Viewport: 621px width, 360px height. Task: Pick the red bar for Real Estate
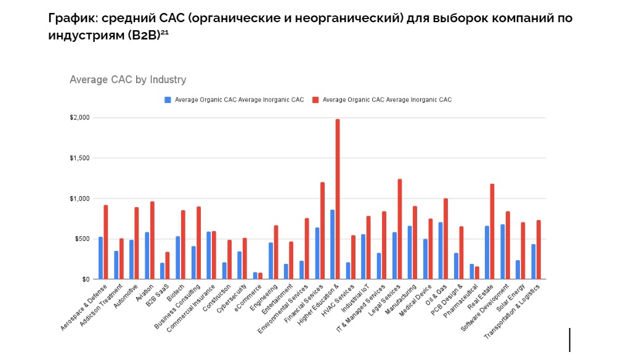pyautogui.click(x=492, y=232)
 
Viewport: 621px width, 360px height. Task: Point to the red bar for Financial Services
pyautogui.click(x=322, y=231)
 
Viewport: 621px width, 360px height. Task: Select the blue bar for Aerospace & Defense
pyautogui.click(x=100, y=258)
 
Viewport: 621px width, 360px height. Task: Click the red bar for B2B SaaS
pyautogui.click(x=168, y=266)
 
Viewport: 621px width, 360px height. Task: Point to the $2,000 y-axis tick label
pyautogui.click(x=79, y=117)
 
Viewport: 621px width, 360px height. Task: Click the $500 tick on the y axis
pyautogui.click(x=82, y=239)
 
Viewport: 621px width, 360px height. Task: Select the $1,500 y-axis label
pyautogui.click(x=79, y=158)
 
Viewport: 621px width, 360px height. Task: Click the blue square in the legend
pyautogui.click(x=167, y=99)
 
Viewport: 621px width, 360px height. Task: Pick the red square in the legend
pyautogui.click(x=315, y=99)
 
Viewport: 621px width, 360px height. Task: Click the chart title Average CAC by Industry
pyautogui.click(x=128, y=80)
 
